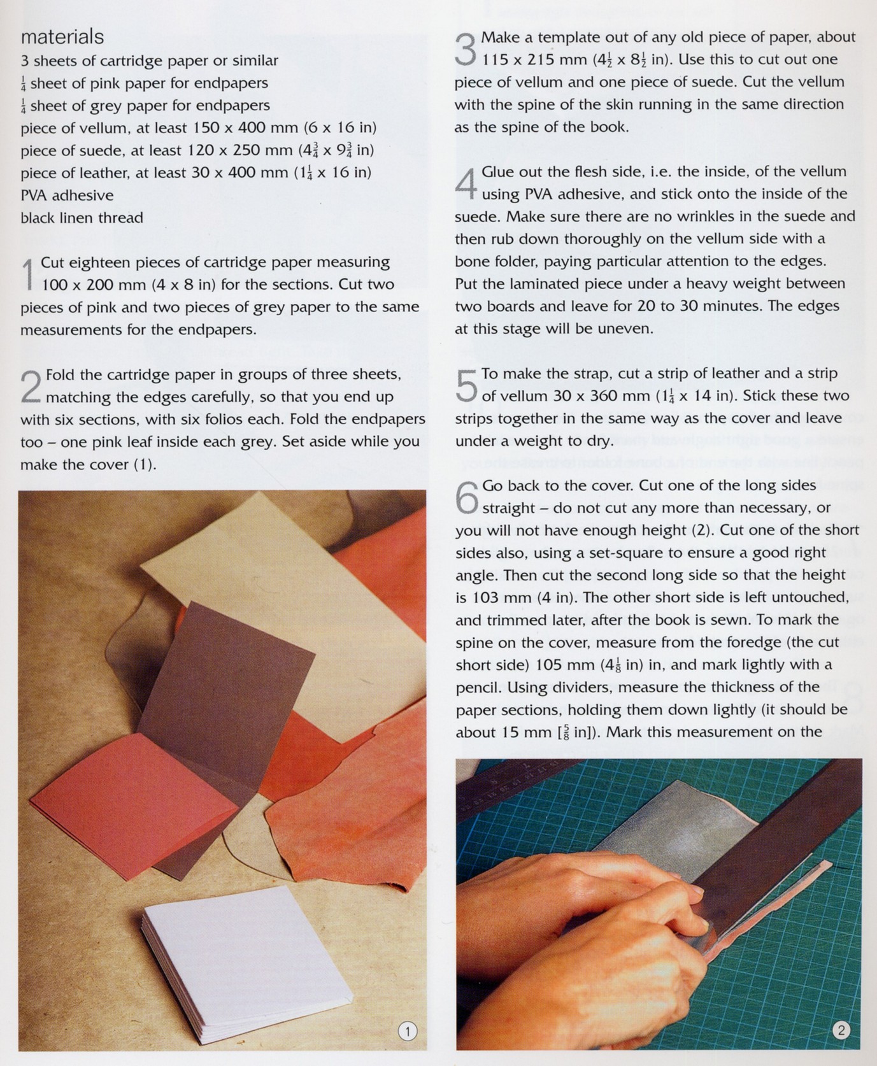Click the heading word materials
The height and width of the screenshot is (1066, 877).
pyautogui.click(x=62, y=37)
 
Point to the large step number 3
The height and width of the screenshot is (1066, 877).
pyautogui.click(x=466, y=50)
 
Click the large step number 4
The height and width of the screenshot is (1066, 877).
pyautogui.click(x=466, y=184)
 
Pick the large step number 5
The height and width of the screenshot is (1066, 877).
pyautogui.click(x=466, y=386)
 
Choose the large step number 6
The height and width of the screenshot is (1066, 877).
pyautogui.click(x=467, y=498)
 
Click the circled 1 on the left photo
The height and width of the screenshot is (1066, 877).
pyautogui.click(x=407, y=1031)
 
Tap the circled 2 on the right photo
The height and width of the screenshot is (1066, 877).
pyautogui.click(x=841, y=1030)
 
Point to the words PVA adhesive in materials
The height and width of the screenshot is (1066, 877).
pyautogui.click(x=67, y=195)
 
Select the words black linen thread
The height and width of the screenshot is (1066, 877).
pyautogui.click(x=82, y=218)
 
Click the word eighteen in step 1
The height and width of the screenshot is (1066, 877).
pyautogui.click(x=97, y=263)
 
